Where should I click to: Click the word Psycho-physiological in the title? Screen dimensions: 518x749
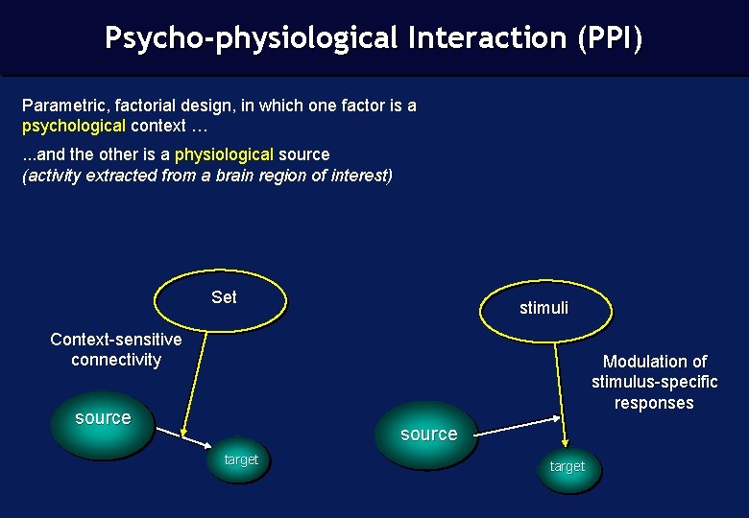pos(251,38)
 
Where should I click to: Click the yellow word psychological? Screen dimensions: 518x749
pos(74,126)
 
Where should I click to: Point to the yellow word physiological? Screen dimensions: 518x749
pos(224,154)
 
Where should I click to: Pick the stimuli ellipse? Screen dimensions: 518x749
pos(544,309)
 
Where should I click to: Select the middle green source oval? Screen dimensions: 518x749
pos(428,435)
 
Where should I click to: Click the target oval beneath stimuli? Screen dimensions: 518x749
pos(567,467)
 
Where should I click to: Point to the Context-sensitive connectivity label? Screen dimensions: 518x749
pos(116,349)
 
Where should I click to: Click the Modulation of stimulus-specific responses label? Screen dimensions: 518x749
pos(654,382)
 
